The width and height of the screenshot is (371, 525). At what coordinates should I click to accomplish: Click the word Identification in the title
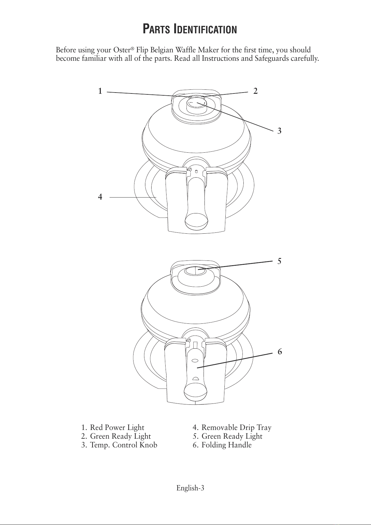(x=205, y=29)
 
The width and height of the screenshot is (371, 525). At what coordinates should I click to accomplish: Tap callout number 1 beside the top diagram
(x=100, y=91)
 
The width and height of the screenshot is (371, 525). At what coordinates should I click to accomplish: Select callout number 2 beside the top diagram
(x=255, y=91)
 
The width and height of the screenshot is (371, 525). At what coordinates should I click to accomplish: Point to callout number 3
(x=279, y=131)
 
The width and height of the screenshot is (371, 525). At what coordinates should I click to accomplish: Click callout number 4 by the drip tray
(x=100, y=197)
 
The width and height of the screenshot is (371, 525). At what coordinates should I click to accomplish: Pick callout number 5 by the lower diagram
(x=279, y=261)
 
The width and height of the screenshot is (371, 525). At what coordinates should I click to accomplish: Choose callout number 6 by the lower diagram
(x=279, y=352)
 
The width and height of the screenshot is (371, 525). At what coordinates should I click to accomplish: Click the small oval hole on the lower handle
(x=195, y=360)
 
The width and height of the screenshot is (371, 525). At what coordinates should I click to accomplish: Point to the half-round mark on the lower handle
(x=196, y=378)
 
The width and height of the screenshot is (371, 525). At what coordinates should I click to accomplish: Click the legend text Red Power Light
(x=117, y=427)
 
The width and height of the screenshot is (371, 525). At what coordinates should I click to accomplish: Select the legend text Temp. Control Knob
(x=123, y=445)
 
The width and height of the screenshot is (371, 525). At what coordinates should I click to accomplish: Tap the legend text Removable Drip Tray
(x=236, y=427)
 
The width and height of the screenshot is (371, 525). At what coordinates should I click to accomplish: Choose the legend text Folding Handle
(x=226, y=445)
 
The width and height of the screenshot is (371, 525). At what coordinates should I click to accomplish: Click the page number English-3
(x=190, y=488)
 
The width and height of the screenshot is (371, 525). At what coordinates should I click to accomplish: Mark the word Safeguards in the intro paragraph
(x=274, y=59)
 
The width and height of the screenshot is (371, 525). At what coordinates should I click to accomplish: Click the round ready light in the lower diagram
(x=195, y=271)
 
